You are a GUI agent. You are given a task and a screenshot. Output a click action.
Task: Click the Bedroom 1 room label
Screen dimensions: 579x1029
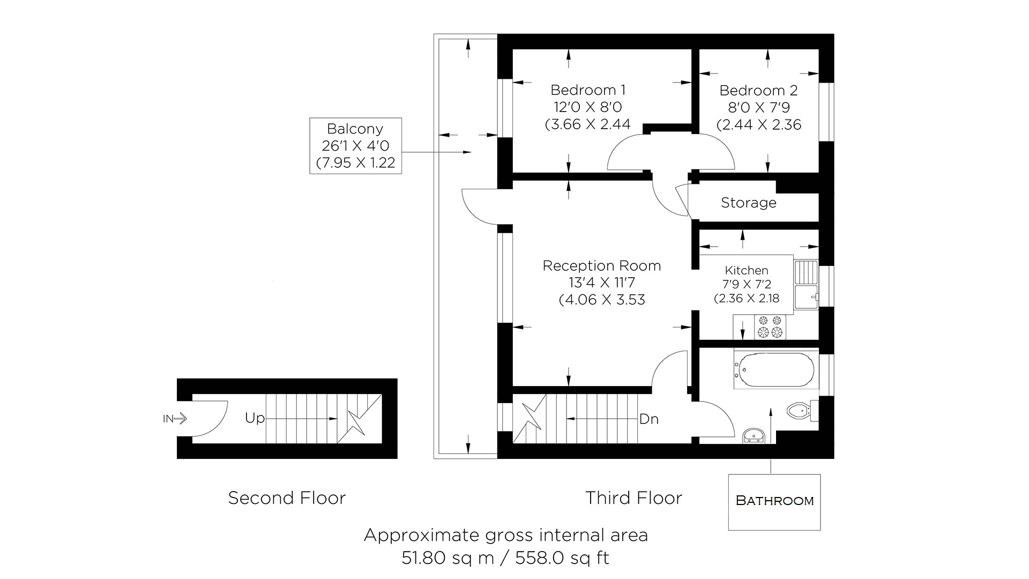(588, 90)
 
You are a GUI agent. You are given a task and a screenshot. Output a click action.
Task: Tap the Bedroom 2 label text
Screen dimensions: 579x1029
(758, 91)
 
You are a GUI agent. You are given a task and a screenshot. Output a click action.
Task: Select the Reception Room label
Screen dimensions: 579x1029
(601, 266)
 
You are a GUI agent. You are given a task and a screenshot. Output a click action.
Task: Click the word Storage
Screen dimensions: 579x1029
(748, 203)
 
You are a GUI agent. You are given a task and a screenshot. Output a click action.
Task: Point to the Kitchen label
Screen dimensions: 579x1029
(747, 270)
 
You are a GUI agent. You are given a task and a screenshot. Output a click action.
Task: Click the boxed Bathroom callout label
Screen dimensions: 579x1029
(774, 501)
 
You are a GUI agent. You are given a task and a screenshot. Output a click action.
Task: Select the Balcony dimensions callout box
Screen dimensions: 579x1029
(355, 145)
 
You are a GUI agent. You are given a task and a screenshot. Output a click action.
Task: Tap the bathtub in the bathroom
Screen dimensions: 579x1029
(773, 369)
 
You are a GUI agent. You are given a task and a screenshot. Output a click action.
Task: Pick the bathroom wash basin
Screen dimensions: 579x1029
(755, 436)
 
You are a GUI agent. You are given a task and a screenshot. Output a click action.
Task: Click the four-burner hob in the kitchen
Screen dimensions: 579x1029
(770, 327)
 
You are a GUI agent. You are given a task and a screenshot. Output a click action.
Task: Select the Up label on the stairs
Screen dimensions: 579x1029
(255, 418)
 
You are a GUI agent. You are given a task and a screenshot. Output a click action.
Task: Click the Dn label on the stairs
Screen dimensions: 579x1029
(648, 419)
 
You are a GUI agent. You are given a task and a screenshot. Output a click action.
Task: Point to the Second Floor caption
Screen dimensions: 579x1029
(287, 498)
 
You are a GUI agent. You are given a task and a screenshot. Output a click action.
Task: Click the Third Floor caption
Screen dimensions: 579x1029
(633, 498)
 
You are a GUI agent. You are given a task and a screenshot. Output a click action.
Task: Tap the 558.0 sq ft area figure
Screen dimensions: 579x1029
(562, 559)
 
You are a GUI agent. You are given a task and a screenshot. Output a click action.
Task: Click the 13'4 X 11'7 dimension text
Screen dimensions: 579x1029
(601, 283)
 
